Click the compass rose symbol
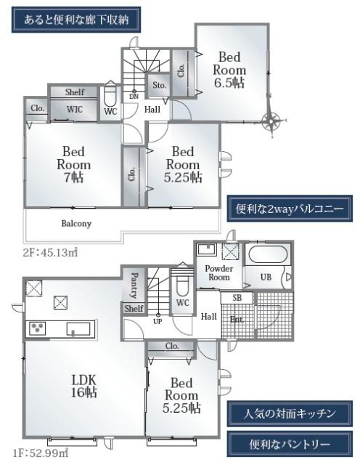click(271, 121)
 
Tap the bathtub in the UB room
click(268, 254)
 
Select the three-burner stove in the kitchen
click(37, 328)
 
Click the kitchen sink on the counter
click(78, 329)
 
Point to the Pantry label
click(134, 286)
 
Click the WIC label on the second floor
click(74, 110)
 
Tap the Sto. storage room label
click(159, 86)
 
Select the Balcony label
click(76, 223)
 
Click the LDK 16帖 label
click(84, 386)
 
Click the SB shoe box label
click(237, 297)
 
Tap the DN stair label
click(134, 97)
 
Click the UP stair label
click(157, 321)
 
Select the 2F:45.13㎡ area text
click(51, 252)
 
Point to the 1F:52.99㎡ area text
click(41, 453)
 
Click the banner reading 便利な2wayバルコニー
click(290, 209)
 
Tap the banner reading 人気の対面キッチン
click(290, 413)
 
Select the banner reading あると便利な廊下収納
click(76, 20)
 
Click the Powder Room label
click(219, 273)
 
